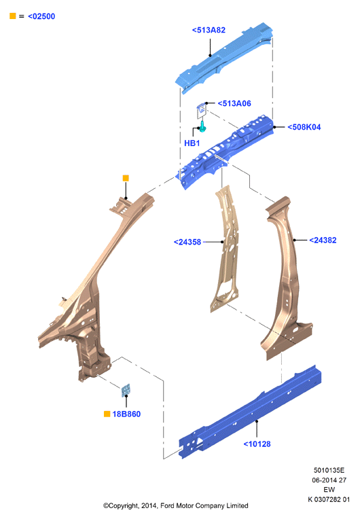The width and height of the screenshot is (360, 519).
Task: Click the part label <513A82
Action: pos(209,30)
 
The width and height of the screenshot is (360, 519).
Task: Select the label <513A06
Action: pos(234,104)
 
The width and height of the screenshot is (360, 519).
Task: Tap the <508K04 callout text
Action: pos(304,127)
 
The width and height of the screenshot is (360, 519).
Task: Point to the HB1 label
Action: pos(192,143)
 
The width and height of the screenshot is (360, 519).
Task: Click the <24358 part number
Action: pos(187,243)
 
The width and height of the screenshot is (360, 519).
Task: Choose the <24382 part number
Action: pos(323,240)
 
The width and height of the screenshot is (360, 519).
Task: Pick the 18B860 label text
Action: pos(126,414)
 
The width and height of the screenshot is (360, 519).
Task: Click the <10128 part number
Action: pos(257,444)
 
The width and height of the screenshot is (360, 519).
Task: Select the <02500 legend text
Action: pos(41,16)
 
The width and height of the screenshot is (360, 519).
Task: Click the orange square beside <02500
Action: pos(13,16)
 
